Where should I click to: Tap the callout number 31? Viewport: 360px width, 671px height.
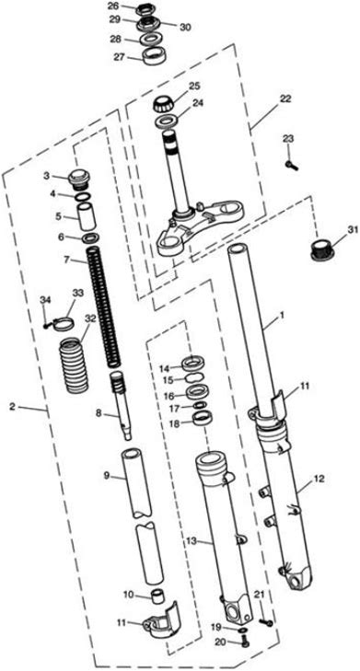click(x=352, y=230)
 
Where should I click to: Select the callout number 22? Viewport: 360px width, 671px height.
click(x=285, y=98)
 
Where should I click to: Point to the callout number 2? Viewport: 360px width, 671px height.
click(x=12, y=407)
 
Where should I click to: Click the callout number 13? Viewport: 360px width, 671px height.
click(x=192, y=541)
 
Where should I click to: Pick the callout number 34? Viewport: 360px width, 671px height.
click(x=45, y=299)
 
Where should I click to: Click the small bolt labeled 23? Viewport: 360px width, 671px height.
click(x=291, y=165)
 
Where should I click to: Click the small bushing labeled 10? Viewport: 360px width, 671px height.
click(x=158, y=596)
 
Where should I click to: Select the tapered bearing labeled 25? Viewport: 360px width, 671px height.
click(x=164, y=104)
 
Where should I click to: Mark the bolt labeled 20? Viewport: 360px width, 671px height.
click(x=244, y=641)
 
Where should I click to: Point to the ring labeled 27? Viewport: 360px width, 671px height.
click(x=151, y=57)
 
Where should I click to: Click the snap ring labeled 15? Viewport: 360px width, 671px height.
click(x=193, y=378)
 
